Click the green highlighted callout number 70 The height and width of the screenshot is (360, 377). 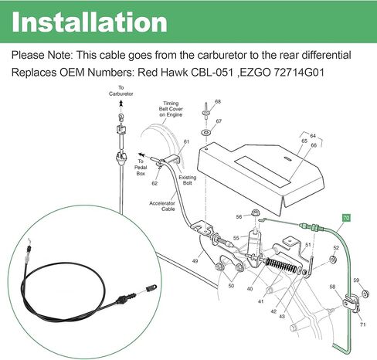click(346, 218)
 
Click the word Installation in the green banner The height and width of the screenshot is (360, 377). click(90, 22)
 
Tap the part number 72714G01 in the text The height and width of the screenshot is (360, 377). click(298, 73)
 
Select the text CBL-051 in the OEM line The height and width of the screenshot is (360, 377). click(212, 73)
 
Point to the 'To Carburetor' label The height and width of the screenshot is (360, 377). click(121, 91)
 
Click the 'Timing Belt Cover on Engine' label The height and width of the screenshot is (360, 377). click(171, 109)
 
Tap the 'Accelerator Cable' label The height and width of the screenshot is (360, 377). click(162, 206)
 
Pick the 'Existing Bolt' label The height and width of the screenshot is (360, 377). click(188, 180)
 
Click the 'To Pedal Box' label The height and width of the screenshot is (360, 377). click(141, 168)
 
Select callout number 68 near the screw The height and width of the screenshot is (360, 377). click(218, 102)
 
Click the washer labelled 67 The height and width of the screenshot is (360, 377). click(205, 133)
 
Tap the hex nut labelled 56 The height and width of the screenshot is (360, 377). click(255, 213)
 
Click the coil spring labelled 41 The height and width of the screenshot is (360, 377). click(281, 266)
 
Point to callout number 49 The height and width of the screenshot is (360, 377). click(195, 261)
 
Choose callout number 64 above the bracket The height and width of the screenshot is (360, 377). click(313, 136)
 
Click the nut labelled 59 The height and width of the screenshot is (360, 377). click(365, 294)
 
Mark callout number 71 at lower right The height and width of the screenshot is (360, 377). click(362, 324)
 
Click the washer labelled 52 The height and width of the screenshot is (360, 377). click(334, 259)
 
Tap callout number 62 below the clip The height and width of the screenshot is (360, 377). click(155, 183)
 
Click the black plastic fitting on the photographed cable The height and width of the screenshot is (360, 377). click(125, 300)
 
